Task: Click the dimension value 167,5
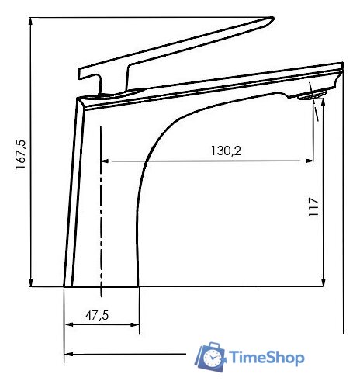pos(20,153)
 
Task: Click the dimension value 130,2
pos(226,151)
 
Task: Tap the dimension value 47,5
pos(97,315)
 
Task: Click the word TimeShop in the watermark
pos(267,358)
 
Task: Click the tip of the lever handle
pos(272,19)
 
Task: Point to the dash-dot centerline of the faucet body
pos(101,210)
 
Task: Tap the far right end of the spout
pos(341,70)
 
